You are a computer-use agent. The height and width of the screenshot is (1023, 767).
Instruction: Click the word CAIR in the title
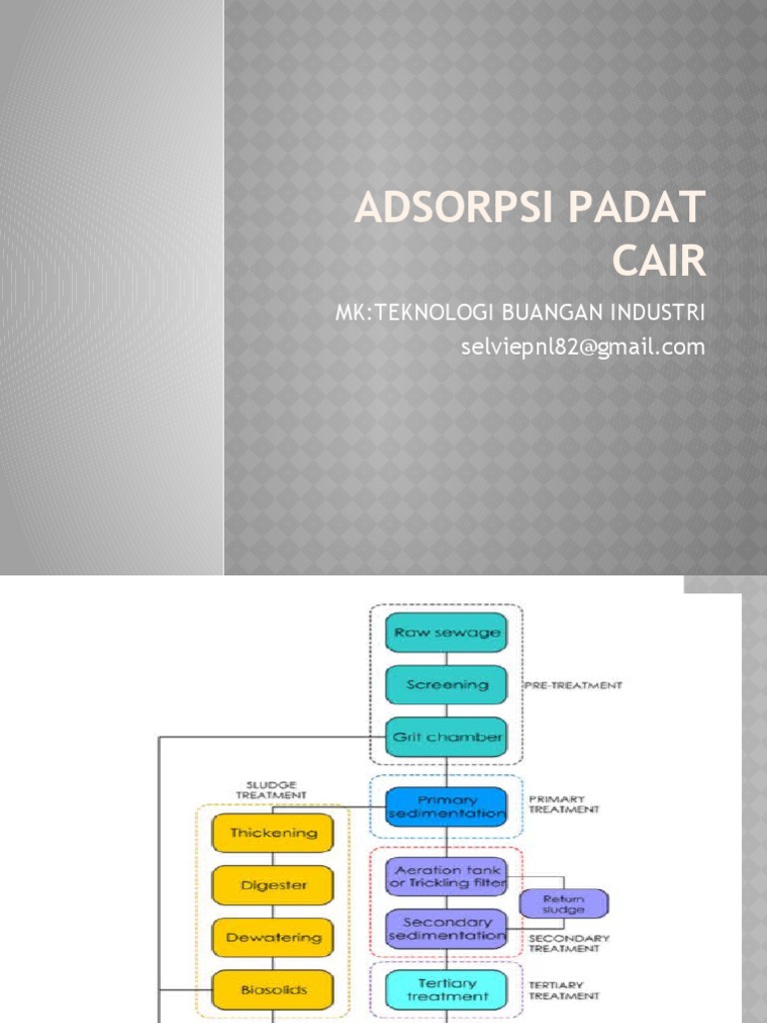pyautogui.click(x=657, y=260)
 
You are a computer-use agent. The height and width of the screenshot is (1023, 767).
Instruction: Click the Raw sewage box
pyautogui.click(x=445, y=632)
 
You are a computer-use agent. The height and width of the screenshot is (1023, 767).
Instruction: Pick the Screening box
pyautogui.click(x=445, y=685)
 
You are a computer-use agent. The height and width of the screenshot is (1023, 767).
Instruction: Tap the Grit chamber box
pyautogui.click(x=445, y=737)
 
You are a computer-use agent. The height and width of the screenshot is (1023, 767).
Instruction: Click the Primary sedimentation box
pyautogui.click(x=445, y=806)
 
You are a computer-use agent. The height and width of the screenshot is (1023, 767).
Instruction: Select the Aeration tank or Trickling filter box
pyautogui.click(x=445, y=876)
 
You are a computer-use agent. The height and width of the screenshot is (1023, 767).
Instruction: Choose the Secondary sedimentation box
pyautogui.click(x=445, y=928)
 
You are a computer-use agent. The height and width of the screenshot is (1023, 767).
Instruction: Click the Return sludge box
pyautogui.click(x=564, y=903)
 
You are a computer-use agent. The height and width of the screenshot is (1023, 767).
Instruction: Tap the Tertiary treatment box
pyautogui.click(x=445, y=988)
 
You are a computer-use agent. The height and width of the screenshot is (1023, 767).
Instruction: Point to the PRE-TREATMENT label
pyautogui.click(x=573, y=685)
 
